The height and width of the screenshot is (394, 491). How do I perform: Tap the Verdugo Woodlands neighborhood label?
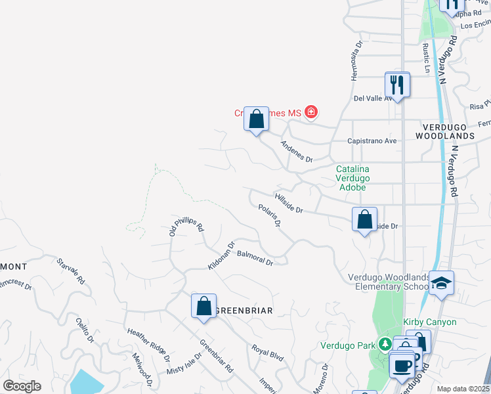pos(445,130)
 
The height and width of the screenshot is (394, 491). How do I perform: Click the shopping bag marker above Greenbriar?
pos(204,306)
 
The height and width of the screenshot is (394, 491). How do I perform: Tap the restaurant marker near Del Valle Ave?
pos(397,85)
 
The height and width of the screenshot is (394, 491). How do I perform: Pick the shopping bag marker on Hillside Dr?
pos(364,219)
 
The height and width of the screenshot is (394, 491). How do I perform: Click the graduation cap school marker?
pos(442,284)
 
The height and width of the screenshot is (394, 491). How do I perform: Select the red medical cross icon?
pos(310,113)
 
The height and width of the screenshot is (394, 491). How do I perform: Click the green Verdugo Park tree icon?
pos(385,345)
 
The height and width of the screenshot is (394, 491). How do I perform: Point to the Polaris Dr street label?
pos(270,215)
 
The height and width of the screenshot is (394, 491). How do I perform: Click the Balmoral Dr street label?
pos(255,257)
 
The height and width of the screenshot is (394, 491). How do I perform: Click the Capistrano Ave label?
pos(372,141)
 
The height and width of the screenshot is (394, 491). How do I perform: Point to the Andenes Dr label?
pos(297,151)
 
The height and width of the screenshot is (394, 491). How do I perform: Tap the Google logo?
pos(22,386)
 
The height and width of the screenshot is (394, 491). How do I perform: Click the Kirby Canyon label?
pos(430,322)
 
